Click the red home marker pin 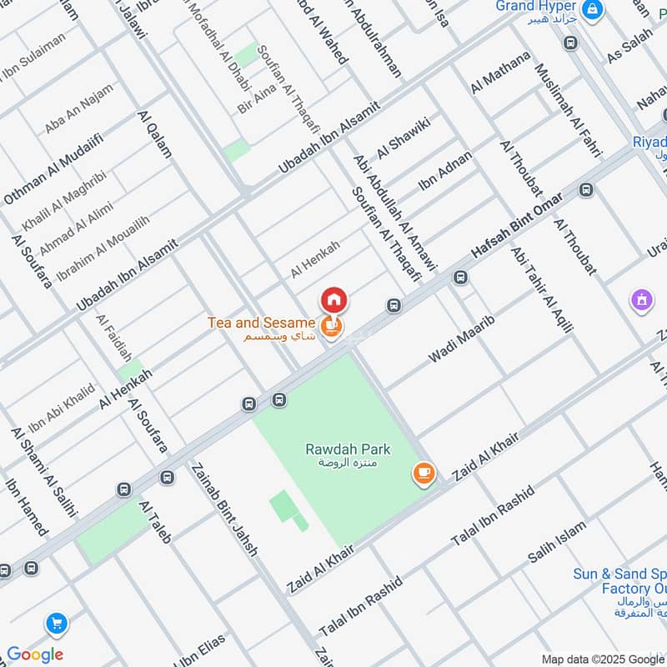(x=333, y=299)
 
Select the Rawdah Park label (x=348, y=449)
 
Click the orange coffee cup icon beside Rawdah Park (x=424, y=474)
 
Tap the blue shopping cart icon (x=57, y=623)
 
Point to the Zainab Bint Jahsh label (x=225, y=509)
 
